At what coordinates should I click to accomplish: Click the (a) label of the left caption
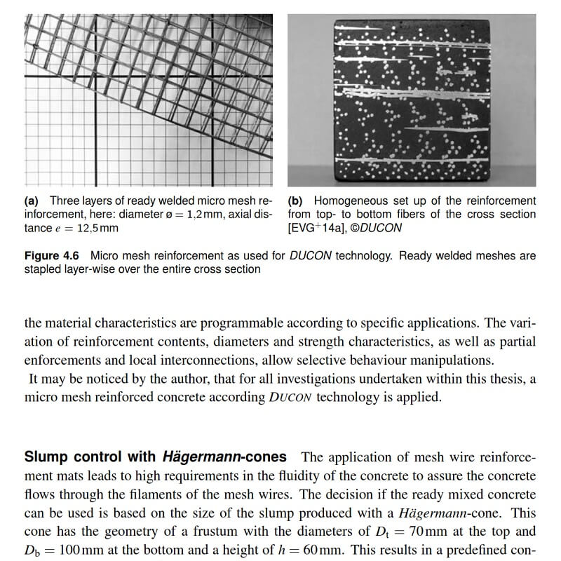coord(32,201)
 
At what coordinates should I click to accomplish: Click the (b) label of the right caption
coord(297,201)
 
